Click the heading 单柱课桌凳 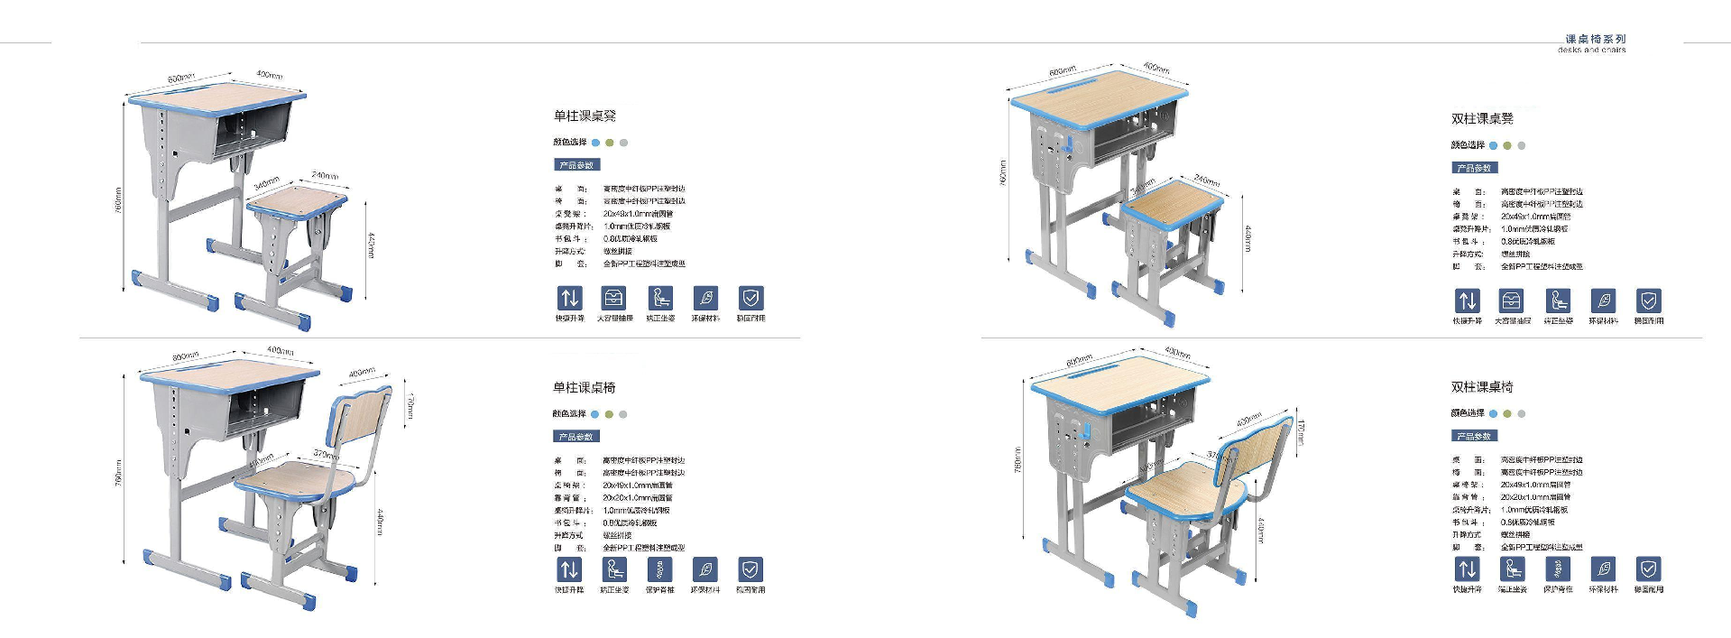(x=585, y=116)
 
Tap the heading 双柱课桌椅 (x=1482, y=387)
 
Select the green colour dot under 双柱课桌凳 (x=1507, y=145)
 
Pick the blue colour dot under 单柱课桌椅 (x=594, y=414)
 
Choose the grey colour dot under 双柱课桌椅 (x=1522, y=414)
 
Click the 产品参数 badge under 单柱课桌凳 (x=576, y=165)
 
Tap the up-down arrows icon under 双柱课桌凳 (x=1467, y=301)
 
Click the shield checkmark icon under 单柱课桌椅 (x=750, y=569)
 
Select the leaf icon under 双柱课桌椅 (x=1603, y=569)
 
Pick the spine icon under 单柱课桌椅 (x=660, y=569)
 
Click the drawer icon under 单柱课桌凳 (x=614, y=298)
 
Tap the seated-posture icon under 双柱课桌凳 (x=1558, y=301)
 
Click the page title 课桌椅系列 (x=1595, y=39)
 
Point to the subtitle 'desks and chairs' (x=1591, y=51)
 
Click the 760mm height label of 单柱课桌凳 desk (x=118, y=199)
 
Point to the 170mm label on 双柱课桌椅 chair (x=1301, y=432)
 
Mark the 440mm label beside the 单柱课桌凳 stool (x=371, y=245)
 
